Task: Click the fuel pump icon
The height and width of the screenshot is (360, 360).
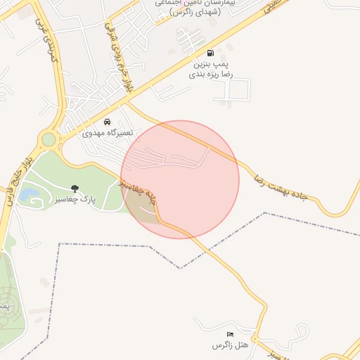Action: point(210,53)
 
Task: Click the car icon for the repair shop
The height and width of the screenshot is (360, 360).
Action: point(107,121)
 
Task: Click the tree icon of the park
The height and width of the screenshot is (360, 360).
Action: point(75,188)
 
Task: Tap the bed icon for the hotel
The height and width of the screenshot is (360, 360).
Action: point(230,334)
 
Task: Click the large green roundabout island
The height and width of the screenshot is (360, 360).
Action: point(48,139)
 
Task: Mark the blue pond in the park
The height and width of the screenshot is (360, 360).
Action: point(30,193)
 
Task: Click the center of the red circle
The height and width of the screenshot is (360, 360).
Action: point(180,179)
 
